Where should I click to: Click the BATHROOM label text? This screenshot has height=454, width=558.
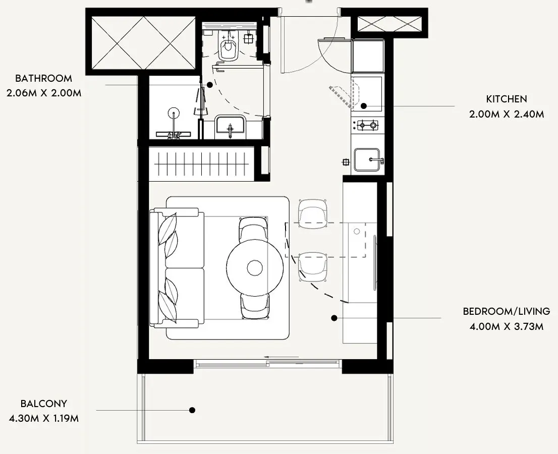pyautogui.click(x=43, y=78)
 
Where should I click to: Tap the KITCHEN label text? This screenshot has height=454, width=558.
pyautogui.click(x=507, y=99)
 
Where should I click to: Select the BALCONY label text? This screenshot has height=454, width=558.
pyautogui.click(x=44, y=404)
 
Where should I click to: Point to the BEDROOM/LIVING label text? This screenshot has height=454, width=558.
pyautogui.click(x=507, y=311)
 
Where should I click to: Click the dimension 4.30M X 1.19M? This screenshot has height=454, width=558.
pyautogui.click(x=44, y=418)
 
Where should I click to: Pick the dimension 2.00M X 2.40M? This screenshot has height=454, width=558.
pyautogui.click(x=507, y=114)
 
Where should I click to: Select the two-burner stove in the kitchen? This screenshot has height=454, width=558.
pyautogui.click(x=365, y=125)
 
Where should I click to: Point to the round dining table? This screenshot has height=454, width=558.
pyautogui.click(x=255, y=267)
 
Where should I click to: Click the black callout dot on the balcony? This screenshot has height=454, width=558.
pyautogui.click(x=192, y=410)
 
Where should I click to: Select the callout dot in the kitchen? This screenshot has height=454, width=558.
pyautogui.click(x=364, y=105)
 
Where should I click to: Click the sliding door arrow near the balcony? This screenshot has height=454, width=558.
pyautogui.click(x=281, y=357)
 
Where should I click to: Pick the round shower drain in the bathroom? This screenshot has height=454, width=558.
pyautogui.click(x=174, y=113)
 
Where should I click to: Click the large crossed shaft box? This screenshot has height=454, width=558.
pyautogui.click(x=143, y=43)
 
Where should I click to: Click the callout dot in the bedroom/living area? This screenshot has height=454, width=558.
pyautogui.click(x=334, y=318)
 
